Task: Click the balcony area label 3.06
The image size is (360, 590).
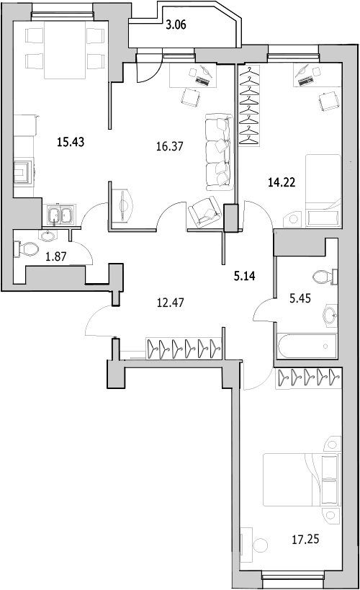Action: coord(176,25)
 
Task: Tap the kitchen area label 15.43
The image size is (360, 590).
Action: coord(71,142)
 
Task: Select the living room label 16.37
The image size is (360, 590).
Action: coord(170,146)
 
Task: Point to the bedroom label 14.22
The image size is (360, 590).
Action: coord(282,182)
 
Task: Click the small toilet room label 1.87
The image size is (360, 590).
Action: coord(55,256)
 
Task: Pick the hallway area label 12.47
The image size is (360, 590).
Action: coord(171,302)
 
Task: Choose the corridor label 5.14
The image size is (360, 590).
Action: coord(245,276)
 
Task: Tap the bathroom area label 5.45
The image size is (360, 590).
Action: coord(300,298)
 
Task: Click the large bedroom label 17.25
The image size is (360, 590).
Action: coord(305,540)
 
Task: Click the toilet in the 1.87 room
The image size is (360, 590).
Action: coord(27,249)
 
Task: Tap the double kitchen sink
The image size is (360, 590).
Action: coord(61,215)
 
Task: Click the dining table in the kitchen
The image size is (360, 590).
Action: coord(65,50)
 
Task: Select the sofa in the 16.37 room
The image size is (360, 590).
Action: coord(218,152)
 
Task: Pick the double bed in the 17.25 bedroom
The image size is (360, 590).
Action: coord(302,480)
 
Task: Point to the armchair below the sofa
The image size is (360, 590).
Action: coord(204,212)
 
